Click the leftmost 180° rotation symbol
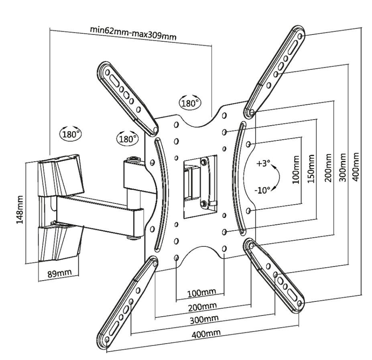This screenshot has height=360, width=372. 70,134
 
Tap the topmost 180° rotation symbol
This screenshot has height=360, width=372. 190,103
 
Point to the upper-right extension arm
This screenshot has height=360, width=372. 276,72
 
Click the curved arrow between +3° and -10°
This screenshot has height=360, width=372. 274,177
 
